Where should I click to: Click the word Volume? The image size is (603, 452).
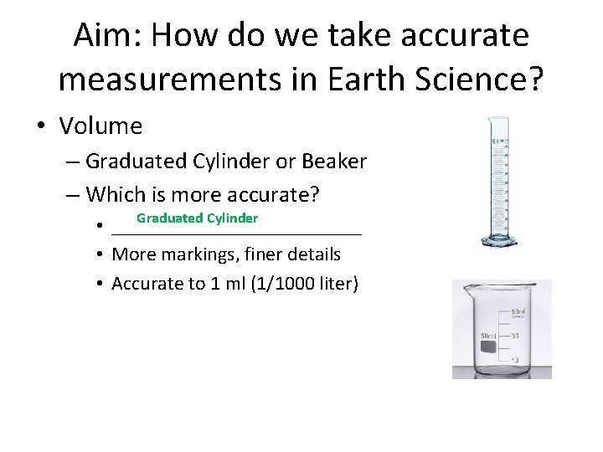[101, 126]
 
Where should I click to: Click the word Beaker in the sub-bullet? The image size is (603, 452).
[336, 161]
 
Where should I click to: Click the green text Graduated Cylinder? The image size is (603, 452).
[197, 218]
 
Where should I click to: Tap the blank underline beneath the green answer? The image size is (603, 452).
[236, 235]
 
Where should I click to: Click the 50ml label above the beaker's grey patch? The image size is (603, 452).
[487, 335]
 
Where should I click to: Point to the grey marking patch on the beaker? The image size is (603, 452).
[488, 346]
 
